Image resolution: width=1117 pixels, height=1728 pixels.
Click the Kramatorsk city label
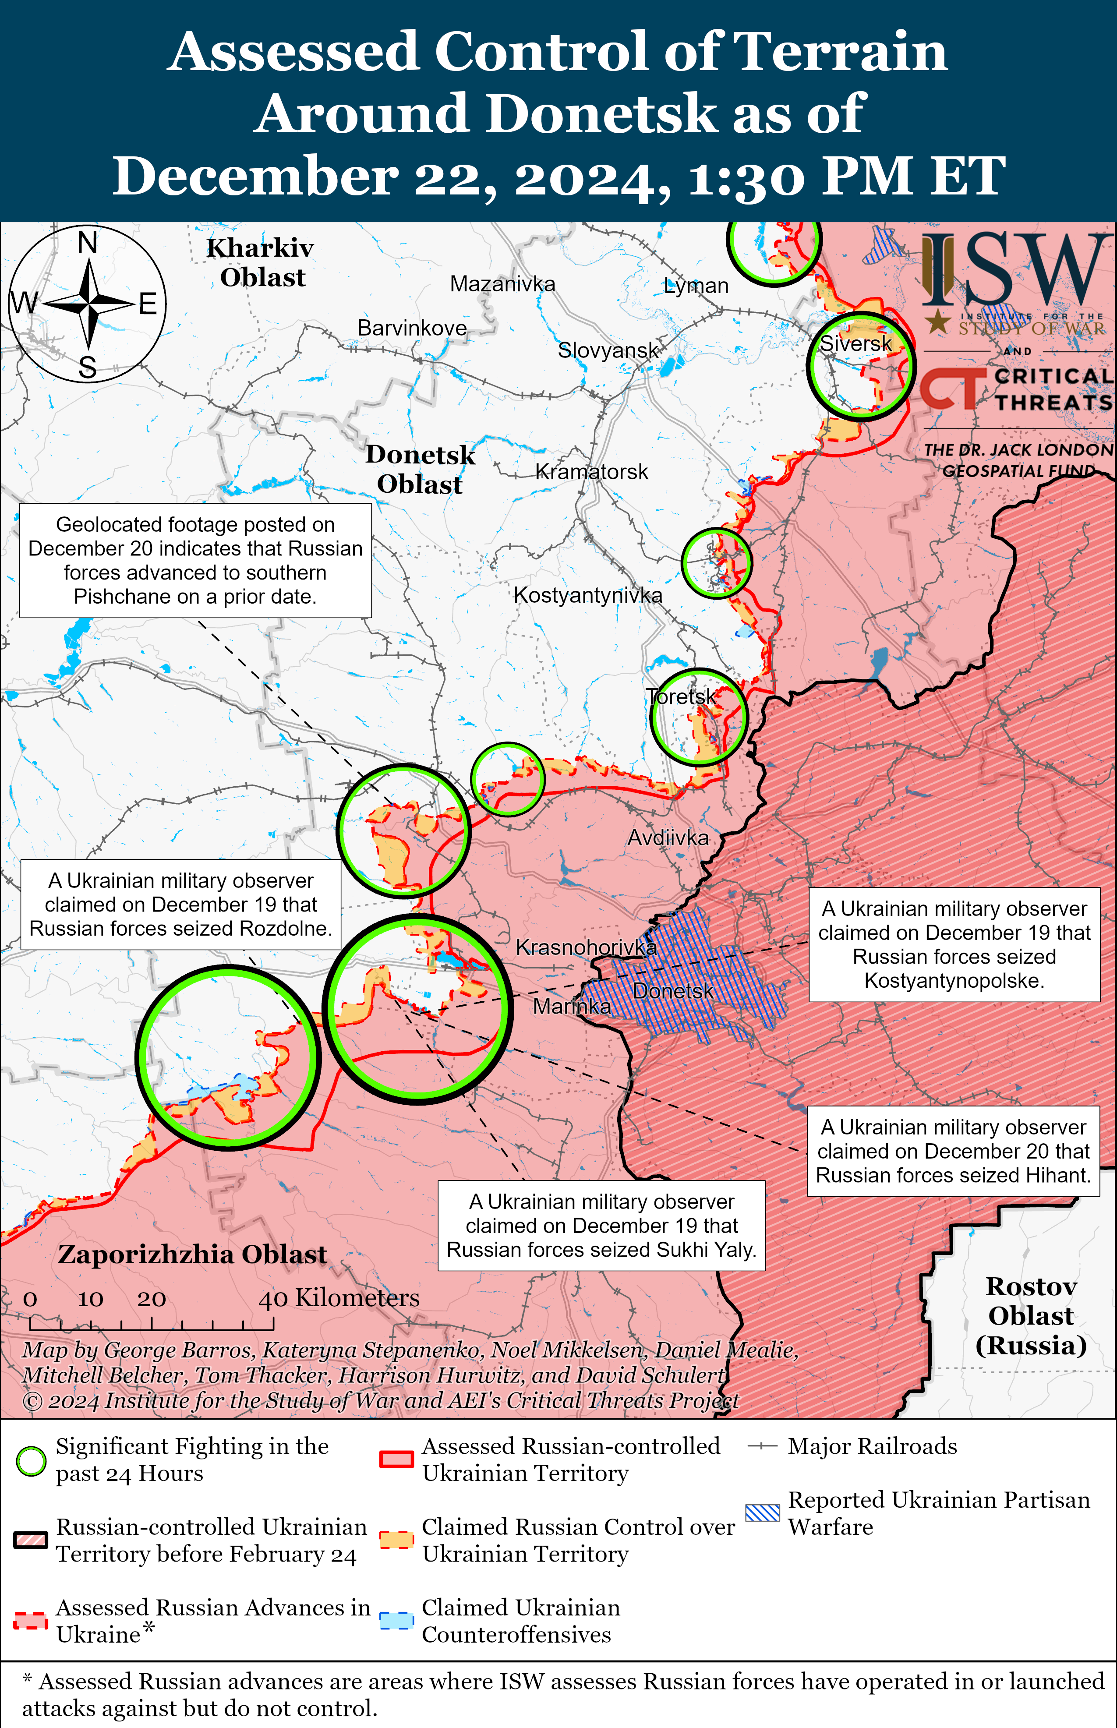(x=591, y=472)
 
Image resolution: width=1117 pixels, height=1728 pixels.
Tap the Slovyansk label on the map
(x=608, y=350)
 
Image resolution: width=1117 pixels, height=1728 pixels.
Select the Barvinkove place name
(x=412, y=328)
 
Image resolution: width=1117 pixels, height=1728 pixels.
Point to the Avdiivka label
(x=667, y=838)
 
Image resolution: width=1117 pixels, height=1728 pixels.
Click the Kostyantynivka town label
(x=587, y=595)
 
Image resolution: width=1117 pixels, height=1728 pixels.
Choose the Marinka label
(x=572, y=1007)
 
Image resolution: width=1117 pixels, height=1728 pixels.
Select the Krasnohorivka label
(x=585, y=947)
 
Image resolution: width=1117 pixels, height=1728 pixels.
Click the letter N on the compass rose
(x=88, y=242)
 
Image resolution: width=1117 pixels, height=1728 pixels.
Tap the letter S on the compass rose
(x=88, y=368)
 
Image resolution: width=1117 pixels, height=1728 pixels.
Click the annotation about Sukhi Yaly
(x=601, y=1226)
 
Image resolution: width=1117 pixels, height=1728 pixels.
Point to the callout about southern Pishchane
(x=195, y=561)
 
